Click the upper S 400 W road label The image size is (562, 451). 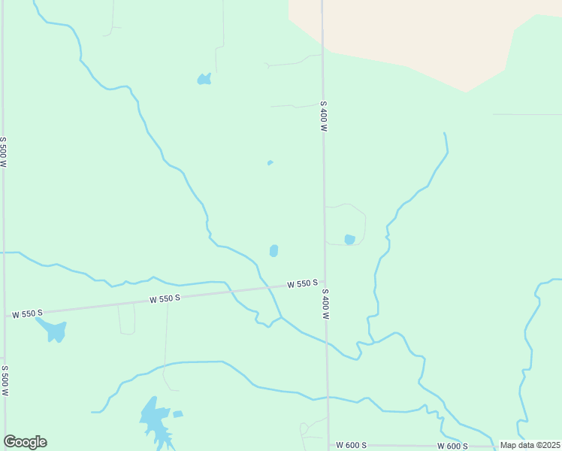coord(324,117)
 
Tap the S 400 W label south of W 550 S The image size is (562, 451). coord(326,303)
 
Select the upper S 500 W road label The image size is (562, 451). coord(4,152)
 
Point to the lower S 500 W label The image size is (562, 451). coord(5,381)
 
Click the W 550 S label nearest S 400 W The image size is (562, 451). coord(302,284)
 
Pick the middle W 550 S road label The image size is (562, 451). coord(165,298)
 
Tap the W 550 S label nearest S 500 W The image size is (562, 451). coord(26,312)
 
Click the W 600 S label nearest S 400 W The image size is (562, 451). coord(351,446)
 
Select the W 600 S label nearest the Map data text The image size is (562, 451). coord(453,446)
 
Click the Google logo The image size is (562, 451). coord(25,442)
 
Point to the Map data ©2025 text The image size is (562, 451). coord(530,445)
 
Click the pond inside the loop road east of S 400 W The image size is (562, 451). coord(349,240)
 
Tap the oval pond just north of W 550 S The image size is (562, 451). coord(273,250)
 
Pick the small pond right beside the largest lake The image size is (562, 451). coord(178,414)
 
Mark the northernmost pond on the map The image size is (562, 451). coord(204,78)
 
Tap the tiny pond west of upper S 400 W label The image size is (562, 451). coord(270,162)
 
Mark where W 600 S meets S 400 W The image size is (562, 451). coord(328,445)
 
